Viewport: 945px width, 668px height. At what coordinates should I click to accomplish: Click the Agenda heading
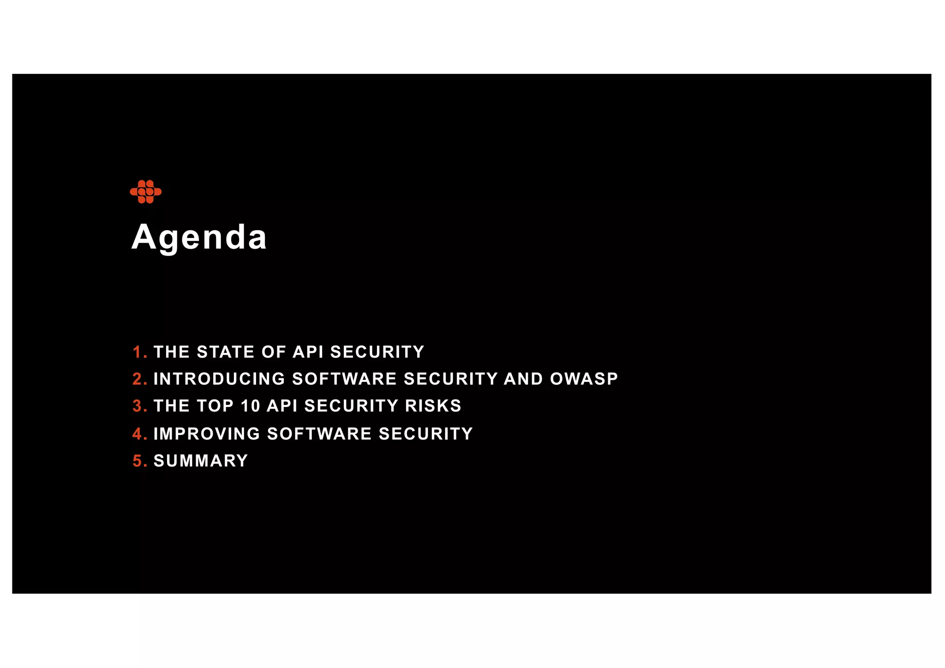199,237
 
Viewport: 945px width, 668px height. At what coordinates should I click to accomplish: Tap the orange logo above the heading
146,191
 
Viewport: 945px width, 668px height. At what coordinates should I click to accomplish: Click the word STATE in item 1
226,352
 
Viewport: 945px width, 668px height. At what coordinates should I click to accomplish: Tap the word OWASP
584,379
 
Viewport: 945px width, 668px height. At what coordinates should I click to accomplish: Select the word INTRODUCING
220,379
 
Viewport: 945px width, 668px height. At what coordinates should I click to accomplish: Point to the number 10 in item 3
251,406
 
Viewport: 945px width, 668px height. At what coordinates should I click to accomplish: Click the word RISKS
433,406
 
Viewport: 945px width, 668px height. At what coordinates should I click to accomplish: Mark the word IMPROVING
207,434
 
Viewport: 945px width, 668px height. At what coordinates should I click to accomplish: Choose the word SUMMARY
201,461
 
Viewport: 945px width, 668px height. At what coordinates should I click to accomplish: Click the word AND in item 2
524,379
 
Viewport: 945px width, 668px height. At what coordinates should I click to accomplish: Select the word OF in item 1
274,352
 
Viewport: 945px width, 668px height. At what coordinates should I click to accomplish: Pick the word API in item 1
308,352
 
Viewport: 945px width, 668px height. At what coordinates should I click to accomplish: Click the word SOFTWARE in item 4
319,434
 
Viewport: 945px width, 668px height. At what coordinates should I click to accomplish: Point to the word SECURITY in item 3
351,406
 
